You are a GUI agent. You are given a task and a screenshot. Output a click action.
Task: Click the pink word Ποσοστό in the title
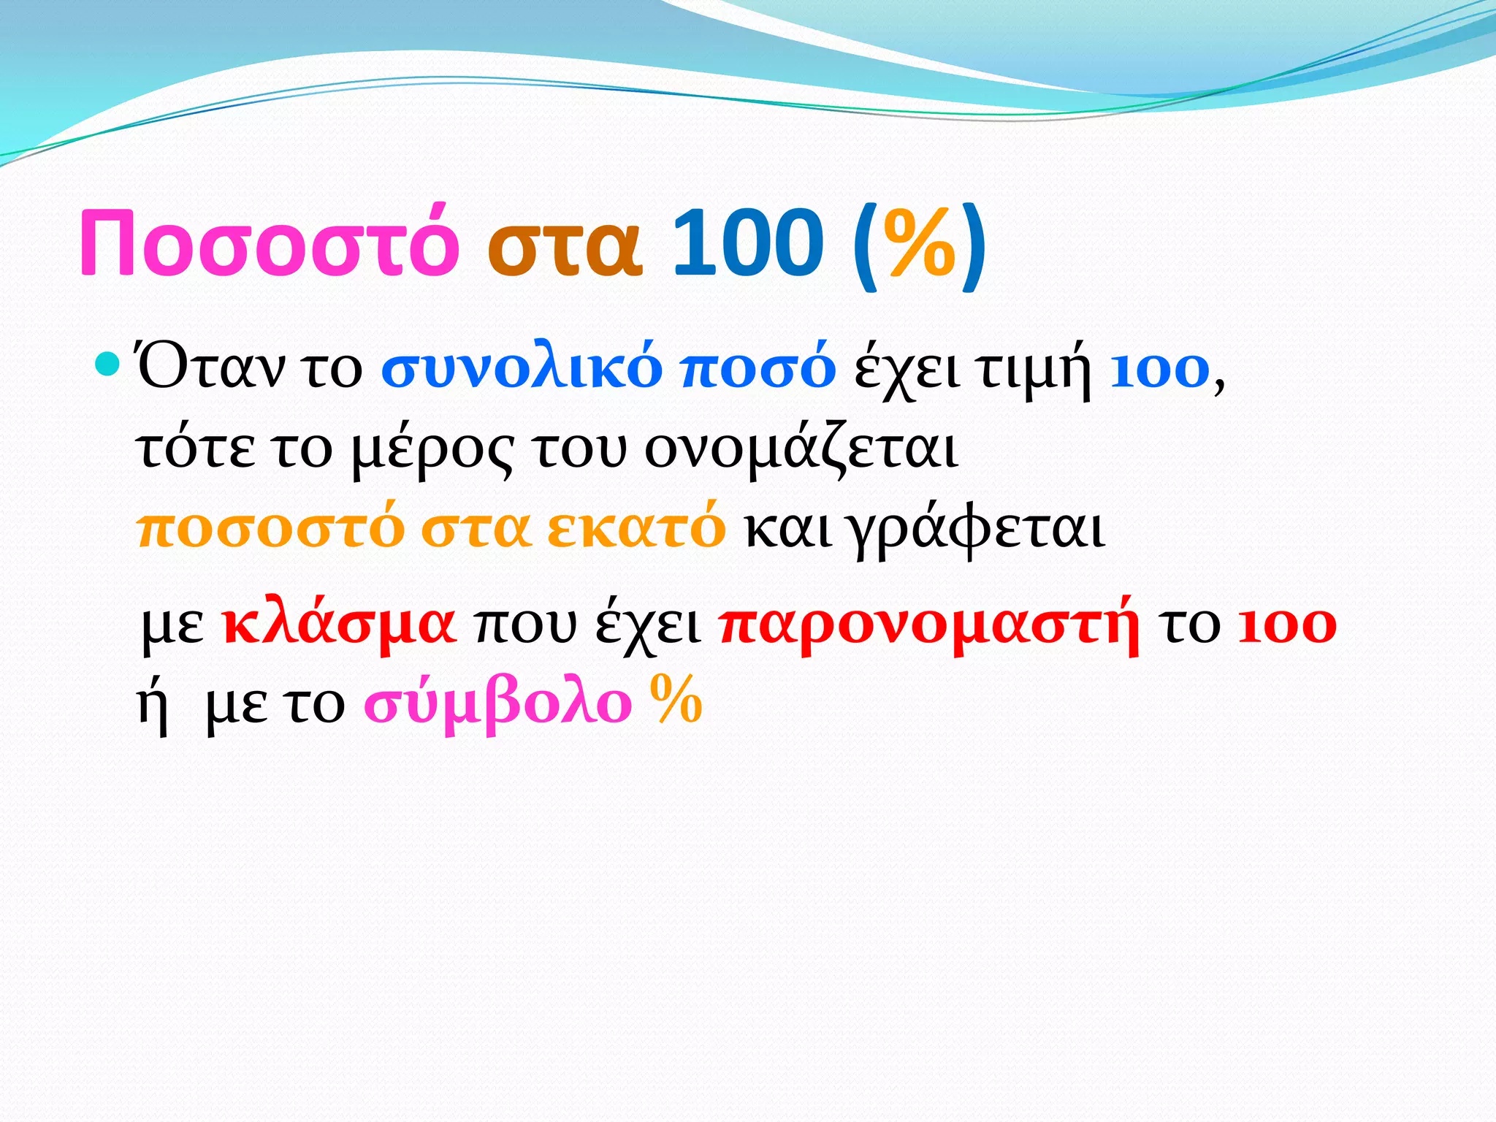click(269, 243)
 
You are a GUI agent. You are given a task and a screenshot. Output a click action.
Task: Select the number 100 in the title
click(747, 243)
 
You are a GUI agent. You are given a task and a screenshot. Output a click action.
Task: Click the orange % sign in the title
click(920, 244)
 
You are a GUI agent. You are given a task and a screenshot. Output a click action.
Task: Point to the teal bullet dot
click(107, 363)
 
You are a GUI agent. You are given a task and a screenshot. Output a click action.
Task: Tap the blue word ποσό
click(757, 369)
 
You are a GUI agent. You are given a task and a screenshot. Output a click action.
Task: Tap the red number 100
click(1287, 625)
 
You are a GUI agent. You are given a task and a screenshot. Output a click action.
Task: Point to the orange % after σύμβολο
click(676, 699)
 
